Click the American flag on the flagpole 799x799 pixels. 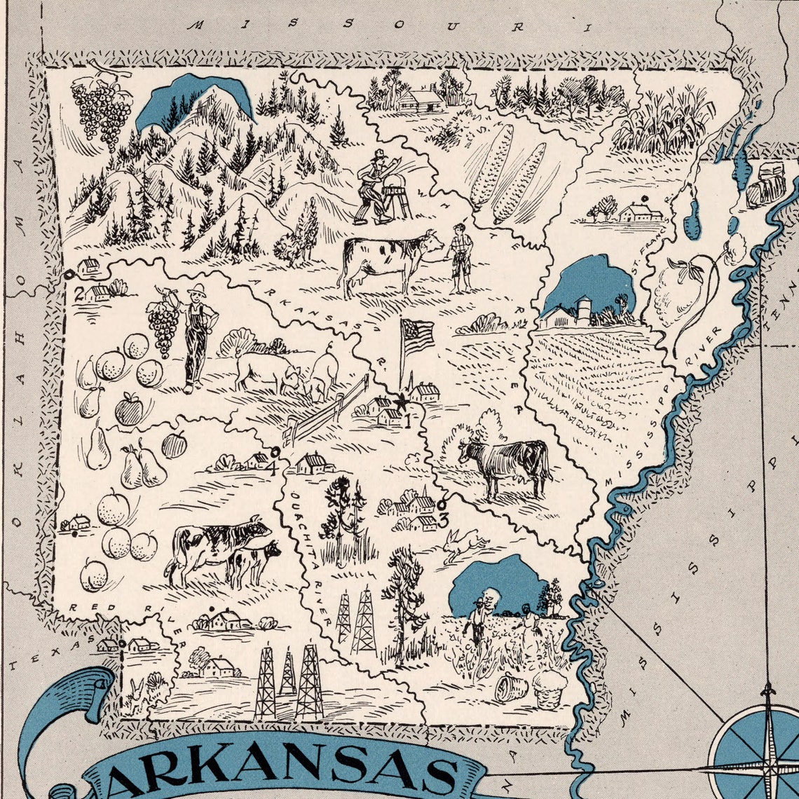point(418,336)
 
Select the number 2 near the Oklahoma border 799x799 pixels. point(79,293)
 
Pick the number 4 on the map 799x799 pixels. point(271,468)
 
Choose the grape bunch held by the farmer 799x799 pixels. point(163,327)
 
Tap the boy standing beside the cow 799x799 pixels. point(460,257)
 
